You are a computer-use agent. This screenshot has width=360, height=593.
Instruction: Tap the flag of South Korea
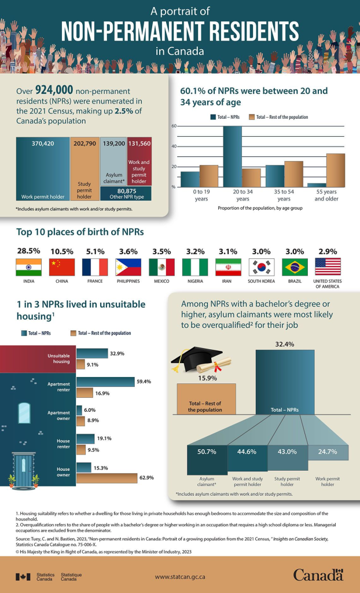point(260,267)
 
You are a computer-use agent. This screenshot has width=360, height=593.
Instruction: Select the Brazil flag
point(294,267)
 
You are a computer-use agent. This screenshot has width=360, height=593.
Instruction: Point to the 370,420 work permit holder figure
point(42,142)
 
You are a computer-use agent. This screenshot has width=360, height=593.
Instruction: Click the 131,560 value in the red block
point(139,142)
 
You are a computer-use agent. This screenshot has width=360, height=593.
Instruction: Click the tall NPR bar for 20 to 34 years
point(233,156)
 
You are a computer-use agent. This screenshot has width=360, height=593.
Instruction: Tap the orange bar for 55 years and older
point(336,170)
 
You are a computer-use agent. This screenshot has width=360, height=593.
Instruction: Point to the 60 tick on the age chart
point(174,126)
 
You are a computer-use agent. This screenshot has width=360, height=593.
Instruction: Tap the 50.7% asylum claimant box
point(207,452)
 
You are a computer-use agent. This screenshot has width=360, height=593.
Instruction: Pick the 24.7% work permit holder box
point(328,452)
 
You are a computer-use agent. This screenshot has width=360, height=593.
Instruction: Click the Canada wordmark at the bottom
point(318,575)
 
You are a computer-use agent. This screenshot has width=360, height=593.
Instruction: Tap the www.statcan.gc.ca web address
point(180,577)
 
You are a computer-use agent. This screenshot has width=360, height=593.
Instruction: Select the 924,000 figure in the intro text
point(54,90)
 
